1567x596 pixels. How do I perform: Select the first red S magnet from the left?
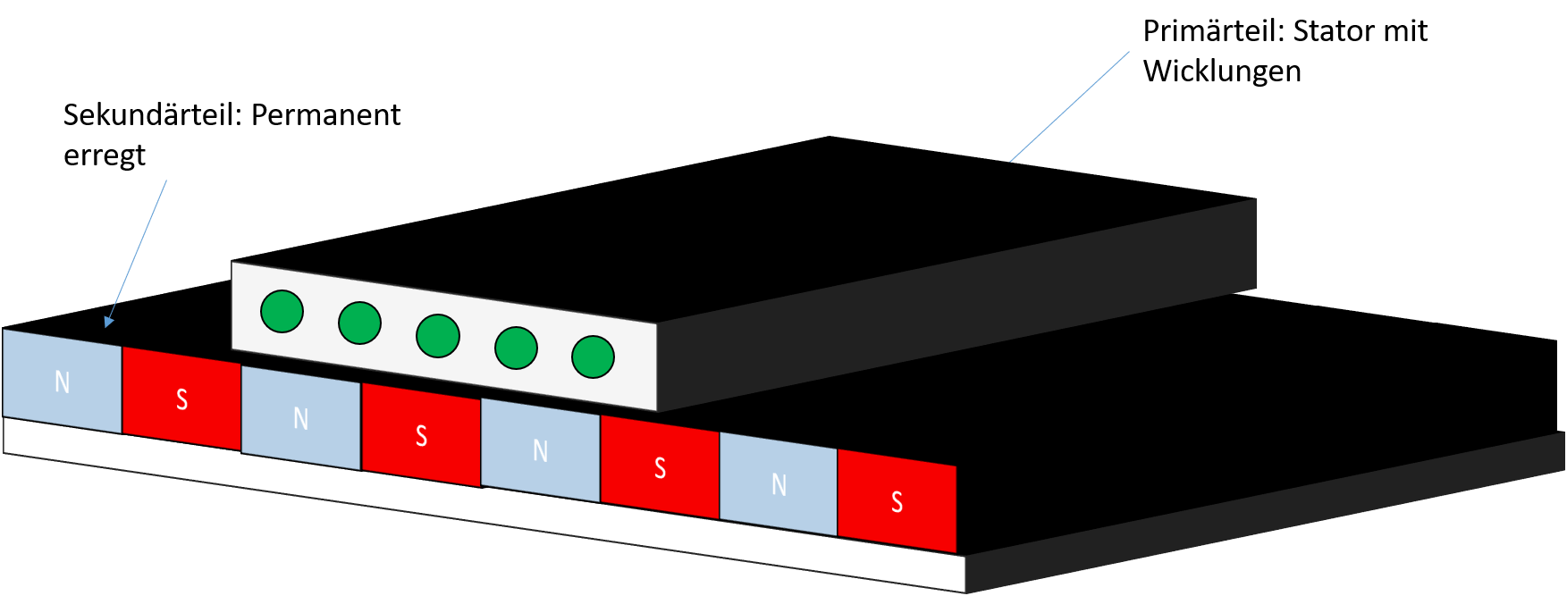point(181,399)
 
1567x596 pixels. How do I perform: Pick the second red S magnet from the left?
point(421,435)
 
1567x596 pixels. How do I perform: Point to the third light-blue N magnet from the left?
point(540,450)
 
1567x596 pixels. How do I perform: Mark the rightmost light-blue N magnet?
point(779,484)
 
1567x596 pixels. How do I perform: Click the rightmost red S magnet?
point(897,501)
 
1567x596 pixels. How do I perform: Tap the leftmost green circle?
point(282,312)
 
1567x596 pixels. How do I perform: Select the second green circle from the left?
point(359,323)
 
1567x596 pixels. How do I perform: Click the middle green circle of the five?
point(438,336)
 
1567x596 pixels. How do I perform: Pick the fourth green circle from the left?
point(516,348)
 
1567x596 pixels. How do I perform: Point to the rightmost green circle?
point(593,357)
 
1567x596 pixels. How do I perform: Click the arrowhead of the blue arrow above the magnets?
point(108,322)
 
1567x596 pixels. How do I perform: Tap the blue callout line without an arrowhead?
point(1069,107)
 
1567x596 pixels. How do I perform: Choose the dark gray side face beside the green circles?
point(956,304)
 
